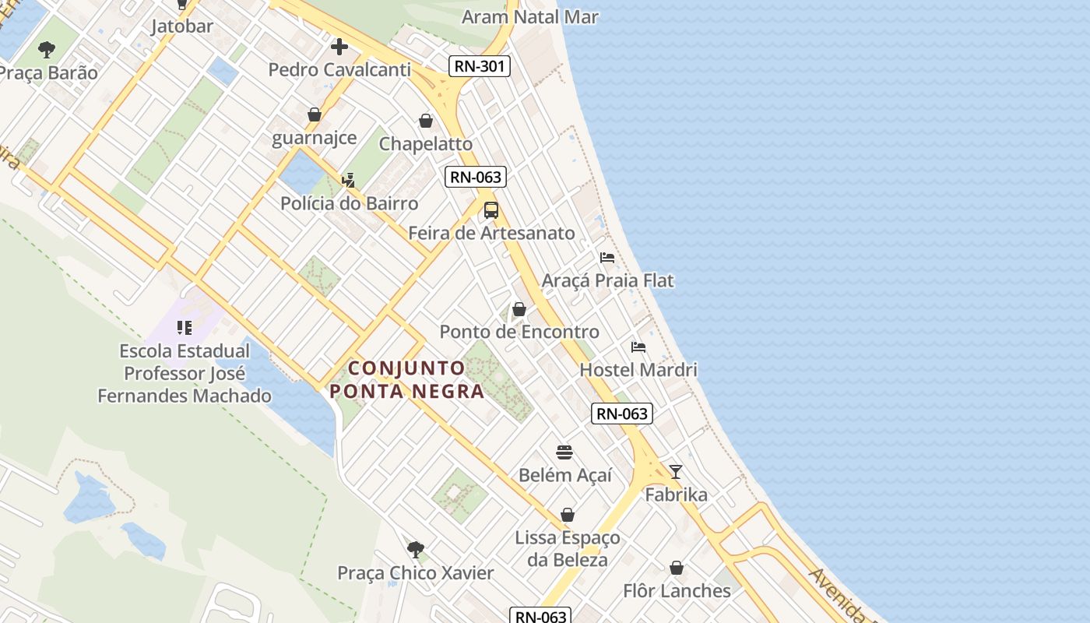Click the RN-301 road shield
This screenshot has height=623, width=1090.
point(480,66)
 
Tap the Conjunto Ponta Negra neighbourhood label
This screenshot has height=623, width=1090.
point(407,379)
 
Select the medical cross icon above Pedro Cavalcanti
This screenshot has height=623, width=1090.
point(339,47)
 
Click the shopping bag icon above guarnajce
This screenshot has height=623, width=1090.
point(315,115)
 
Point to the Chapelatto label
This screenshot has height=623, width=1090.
point(426,144)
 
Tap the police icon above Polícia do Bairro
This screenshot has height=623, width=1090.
point(348,181)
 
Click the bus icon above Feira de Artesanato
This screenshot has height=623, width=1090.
point(491,210)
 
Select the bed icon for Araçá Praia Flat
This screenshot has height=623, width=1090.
point(607,258)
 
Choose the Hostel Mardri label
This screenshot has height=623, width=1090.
point(638,370)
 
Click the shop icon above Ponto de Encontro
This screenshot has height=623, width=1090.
point(519,309)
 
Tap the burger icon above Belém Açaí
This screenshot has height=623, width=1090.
point(564,452)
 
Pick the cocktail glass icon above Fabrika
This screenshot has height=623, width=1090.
point(676,472)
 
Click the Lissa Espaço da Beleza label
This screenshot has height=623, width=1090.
point(568,548)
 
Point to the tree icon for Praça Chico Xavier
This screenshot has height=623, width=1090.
point(416,550)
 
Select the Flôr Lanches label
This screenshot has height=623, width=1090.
point(677,591)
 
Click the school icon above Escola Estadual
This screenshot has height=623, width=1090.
point(185,328)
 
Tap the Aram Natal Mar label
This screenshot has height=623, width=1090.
point(530,16)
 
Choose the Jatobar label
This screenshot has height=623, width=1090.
point(182,26)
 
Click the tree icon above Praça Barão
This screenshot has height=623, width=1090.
point(47,51)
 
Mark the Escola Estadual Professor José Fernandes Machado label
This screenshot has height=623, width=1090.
point(185,374)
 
